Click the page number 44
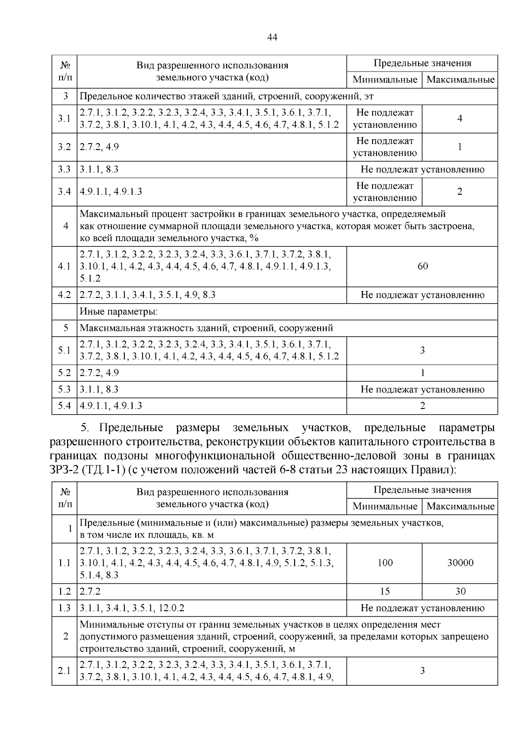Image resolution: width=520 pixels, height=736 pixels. [272, 37]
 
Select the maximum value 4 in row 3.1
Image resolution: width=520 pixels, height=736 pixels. [460, 118]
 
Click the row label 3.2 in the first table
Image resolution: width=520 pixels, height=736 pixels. [64, 147]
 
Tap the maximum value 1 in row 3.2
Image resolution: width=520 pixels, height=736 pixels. [460, 147]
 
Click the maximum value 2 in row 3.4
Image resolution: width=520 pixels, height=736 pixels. [460, 192]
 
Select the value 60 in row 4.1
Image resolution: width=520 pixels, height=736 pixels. [422, 266]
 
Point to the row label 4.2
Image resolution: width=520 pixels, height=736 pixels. [64, 295]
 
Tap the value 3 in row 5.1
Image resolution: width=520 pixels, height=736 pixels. [422, 350]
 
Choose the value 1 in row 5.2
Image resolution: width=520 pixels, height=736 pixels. [422, 373]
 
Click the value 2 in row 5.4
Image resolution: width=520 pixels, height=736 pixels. [422, 406]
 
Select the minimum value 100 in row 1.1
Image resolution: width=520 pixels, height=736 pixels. [385, 563]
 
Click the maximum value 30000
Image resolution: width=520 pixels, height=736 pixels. [460, 563]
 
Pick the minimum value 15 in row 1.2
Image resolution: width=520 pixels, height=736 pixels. [385, 591]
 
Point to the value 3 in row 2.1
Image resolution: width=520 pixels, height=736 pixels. [422, 671]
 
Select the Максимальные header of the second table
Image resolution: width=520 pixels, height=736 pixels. [460, 506]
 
